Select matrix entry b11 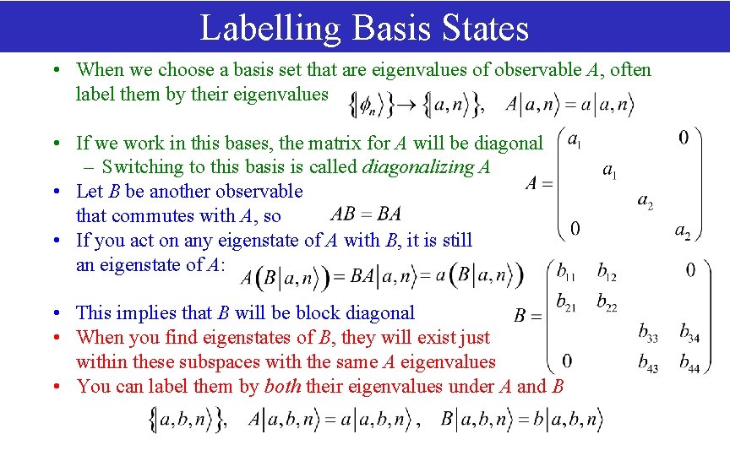click(x=567, y=272)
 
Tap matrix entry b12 click(x=607, y=272)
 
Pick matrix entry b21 click(x=567, y=301)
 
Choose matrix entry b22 click(x=607, y=301)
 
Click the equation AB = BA click(x=366, y=214)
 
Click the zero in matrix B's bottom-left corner click(x=567, y=361)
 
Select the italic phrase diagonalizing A click(x=426, y=167)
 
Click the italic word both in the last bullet click(x=283, y=386)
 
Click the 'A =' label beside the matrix click(x=539, y=183)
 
